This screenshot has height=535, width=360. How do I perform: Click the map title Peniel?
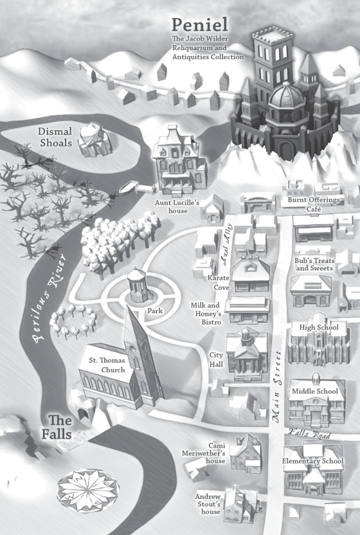tap(200, 25)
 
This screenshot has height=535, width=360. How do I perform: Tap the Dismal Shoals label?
tap(55, 137)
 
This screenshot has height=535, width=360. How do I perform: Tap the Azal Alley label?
tap(226, 244)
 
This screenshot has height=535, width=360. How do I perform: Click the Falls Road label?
tap(309, 433)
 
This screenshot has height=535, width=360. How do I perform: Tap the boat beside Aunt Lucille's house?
tap(129, 186)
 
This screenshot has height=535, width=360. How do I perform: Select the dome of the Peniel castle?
tap(286, 95)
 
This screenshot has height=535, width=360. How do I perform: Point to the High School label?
tap(319, 327)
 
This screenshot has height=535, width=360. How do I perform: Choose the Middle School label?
tap(314, 392)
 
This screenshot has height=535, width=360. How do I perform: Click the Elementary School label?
tap(312, 461)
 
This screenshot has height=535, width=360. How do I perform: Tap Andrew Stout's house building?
tap(239, 503)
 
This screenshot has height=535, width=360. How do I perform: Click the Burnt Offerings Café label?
tap(313, 204)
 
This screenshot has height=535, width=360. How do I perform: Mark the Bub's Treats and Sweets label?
tap(314, 264)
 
